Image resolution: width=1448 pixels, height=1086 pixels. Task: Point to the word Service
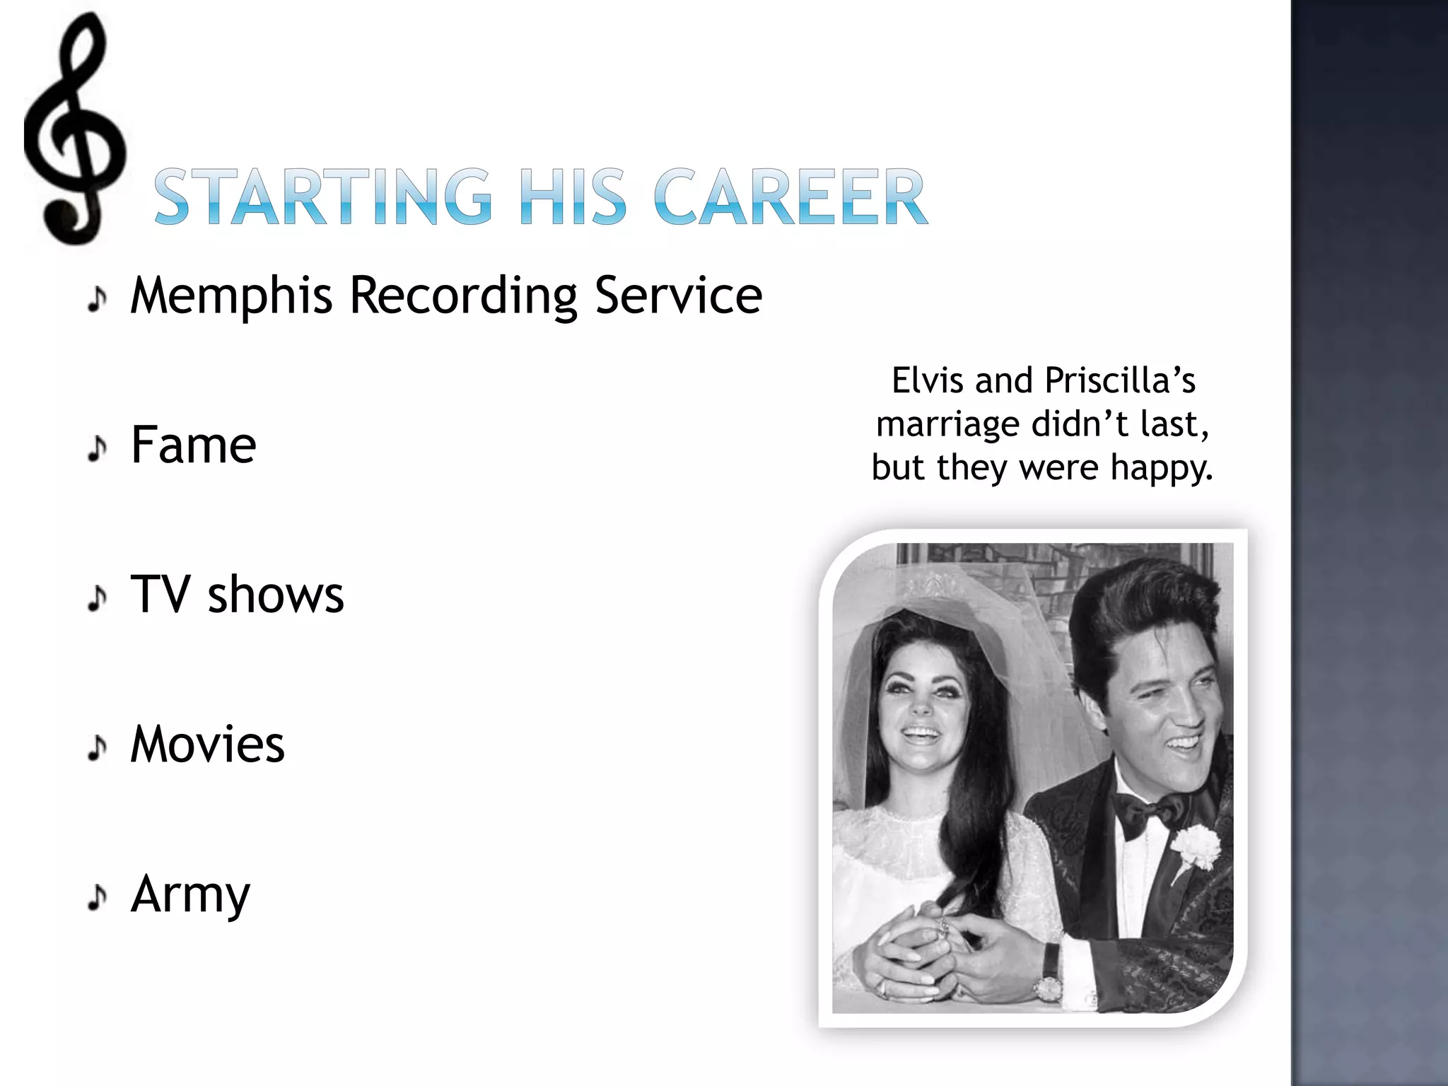pos(678,295)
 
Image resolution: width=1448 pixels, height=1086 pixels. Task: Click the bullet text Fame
pos(193,445)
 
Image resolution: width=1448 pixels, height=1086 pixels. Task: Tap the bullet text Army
pos(190,895)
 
